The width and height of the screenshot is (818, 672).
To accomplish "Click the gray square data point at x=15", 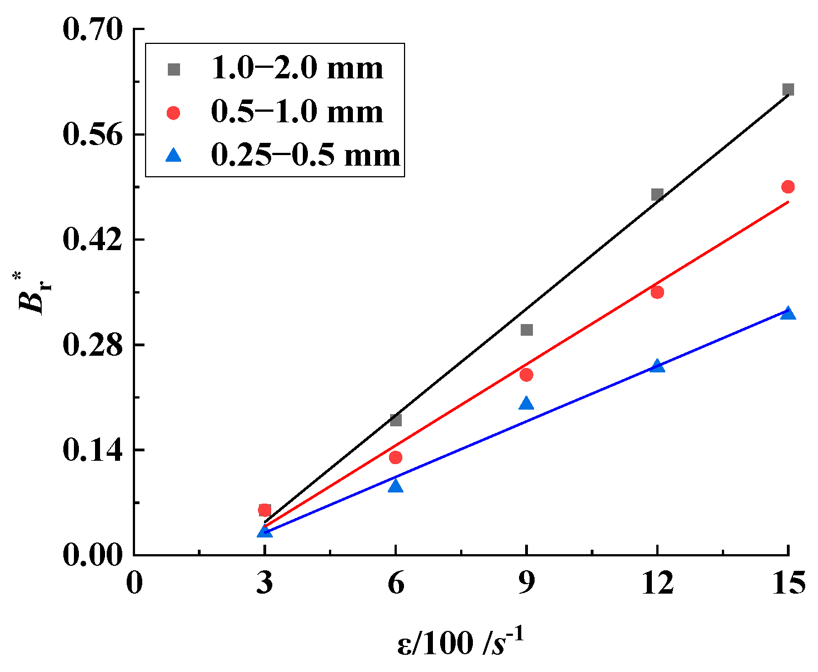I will pyautogui.click(x=788, y=89).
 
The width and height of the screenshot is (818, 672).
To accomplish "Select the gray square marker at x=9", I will pyautogui.click(x=527, y=330).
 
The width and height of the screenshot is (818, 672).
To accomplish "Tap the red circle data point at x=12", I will pyautogui.click(x=657, y=292).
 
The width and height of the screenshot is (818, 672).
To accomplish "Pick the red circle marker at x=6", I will pyautogui.click(x=396, y=457).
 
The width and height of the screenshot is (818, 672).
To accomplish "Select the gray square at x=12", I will pyautogui.click(x=657, y=195).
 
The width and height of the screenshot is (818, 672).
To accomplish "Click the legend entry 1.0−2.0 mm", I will pyautogui.click(x=297, y=69).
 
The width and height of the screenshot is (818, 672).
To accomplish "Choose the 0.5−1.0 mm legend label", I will pyautogui.click(x=297, y=112).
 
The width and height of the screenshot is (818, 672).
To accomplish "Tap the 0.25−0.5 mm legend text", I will pyautogui.click(x=306, y=156).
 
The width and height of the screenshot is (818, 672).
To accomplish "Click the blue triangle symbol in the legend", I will pyautogui.click(x=174, y=155).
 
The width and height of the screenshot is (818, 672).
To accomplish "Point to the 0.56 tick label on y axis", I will pyautogui.click(x=92, y=134).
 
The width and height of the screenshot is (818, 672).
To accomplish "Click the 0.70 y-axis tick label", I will pyautogui.click(x=92, y=29).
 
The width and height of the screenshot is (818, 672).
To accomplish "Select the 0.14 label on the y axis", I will pyautogui.click(x=92, y=450).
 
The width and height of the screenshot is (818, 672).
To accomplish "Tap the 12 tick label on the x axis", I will pyautogui.click(x=657, y=584).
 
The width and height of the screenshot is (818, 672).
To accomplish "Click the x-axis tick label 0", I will pyautogui.click(x=134, y=584).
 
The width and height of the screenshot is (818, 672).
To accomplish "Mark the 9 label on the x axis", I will pyautogui.click(x=527, y=584).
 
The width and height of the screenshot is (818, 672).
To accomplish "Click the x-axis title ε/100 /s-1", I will pyautogui.click(x=461, y=643).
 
